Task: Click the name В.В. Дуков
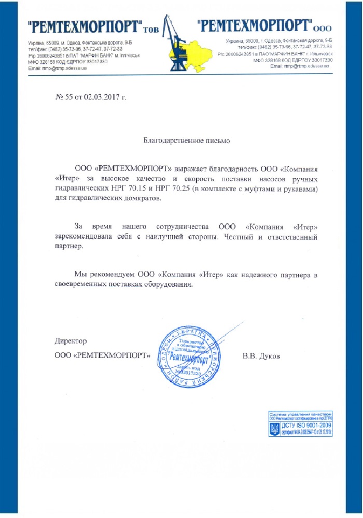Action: [x=261, y=356]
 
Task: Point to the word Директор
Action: [x=71, y=341]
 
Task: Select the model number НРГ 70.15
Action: [x=129, y=189]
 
